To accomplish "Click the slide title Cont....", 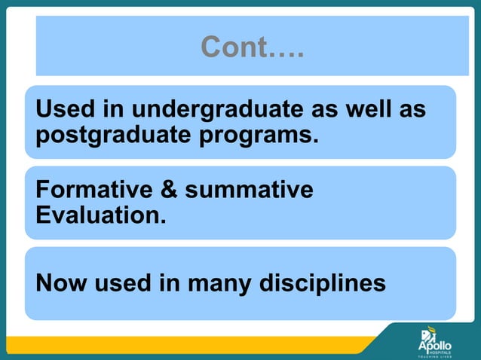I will pyautogui.click(x=252, y=48).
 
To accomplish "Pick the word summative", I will pyautogui.click(x=250, y=190).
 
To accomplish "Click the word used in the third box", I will pyautogui.click(x=121, y=284).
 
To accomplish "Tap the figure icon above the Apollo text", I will pyautogui.click(x=427, y=331).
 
